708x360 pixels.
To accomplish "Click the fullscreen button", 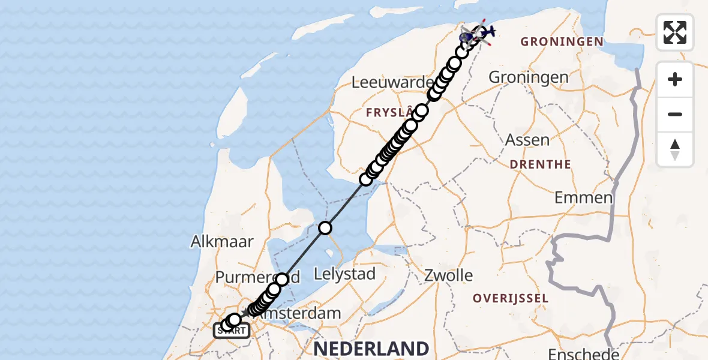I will [675, 32].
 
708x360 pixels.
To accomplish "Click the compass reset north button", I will [675, 149].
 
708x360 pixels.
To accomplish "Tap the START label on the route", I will [232, 331].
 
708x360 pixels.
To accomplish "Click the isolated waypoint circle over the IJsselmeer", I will [325, 228].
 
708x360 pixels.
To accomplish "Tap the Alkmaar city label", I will [222, 241].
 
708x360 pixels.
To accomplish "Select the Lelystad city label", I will [345, 275].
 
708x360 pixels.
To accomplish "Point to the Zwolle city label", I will [448, 275].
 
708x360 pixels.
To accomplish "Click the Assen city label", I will [527, 140].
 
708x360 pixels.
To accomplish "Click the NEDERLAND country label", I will [371, 349].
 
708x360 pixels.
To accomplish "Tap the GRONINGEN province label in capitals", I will [562, 41].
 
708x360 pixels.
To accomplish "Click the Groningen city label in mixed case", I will [529, 77].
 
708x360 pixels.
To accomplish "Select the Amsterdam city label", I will [306, 313].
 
